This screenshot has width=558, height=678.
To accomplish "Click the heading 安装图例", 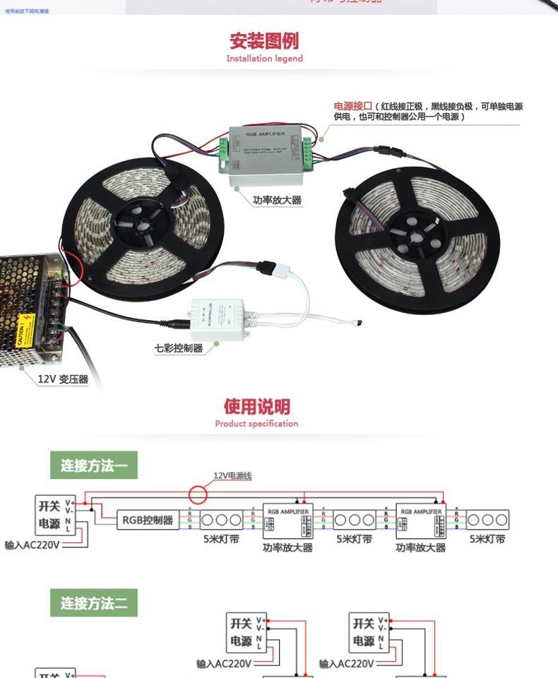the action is click(x=264, y=40).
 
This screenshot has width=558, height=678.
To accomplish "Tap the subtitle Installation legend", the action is click(x=264, y=59).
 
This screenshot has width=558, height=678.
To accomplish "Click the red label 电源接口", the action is click(x=352, y=107).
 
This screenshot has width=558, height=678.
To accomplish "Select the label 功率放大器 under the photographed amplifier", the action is click(x=277, y=201).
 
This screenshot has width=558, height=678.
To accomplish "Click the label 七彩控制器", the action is click(x=179, y=348).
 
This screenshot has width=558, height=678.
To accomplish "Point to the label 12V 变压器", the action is click(x=63, y=379).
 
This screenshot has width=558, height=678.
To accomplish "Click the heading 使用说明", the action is click(x=257, y=407).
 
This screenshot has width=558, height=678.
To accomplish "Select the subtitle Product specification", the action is click(x=256, y=424).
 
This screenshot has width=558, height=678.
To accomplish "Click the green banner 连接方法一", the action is click(x=94, y=466).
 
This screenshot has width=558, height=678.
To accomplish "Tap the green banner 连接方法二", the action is click(x=94, y=604).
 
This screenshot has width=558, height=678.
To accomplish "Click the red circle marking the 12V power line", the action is click(x=198, y=492).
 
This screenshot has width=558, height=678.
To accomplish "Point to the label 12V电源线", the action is click(x=232, y=476).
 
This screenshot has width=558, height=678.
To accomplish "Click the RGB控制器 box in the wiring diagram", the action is click(x=148, y=521).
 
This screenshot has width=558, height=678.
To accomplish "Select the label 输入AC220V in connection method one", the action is click(x=32, y=545).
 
